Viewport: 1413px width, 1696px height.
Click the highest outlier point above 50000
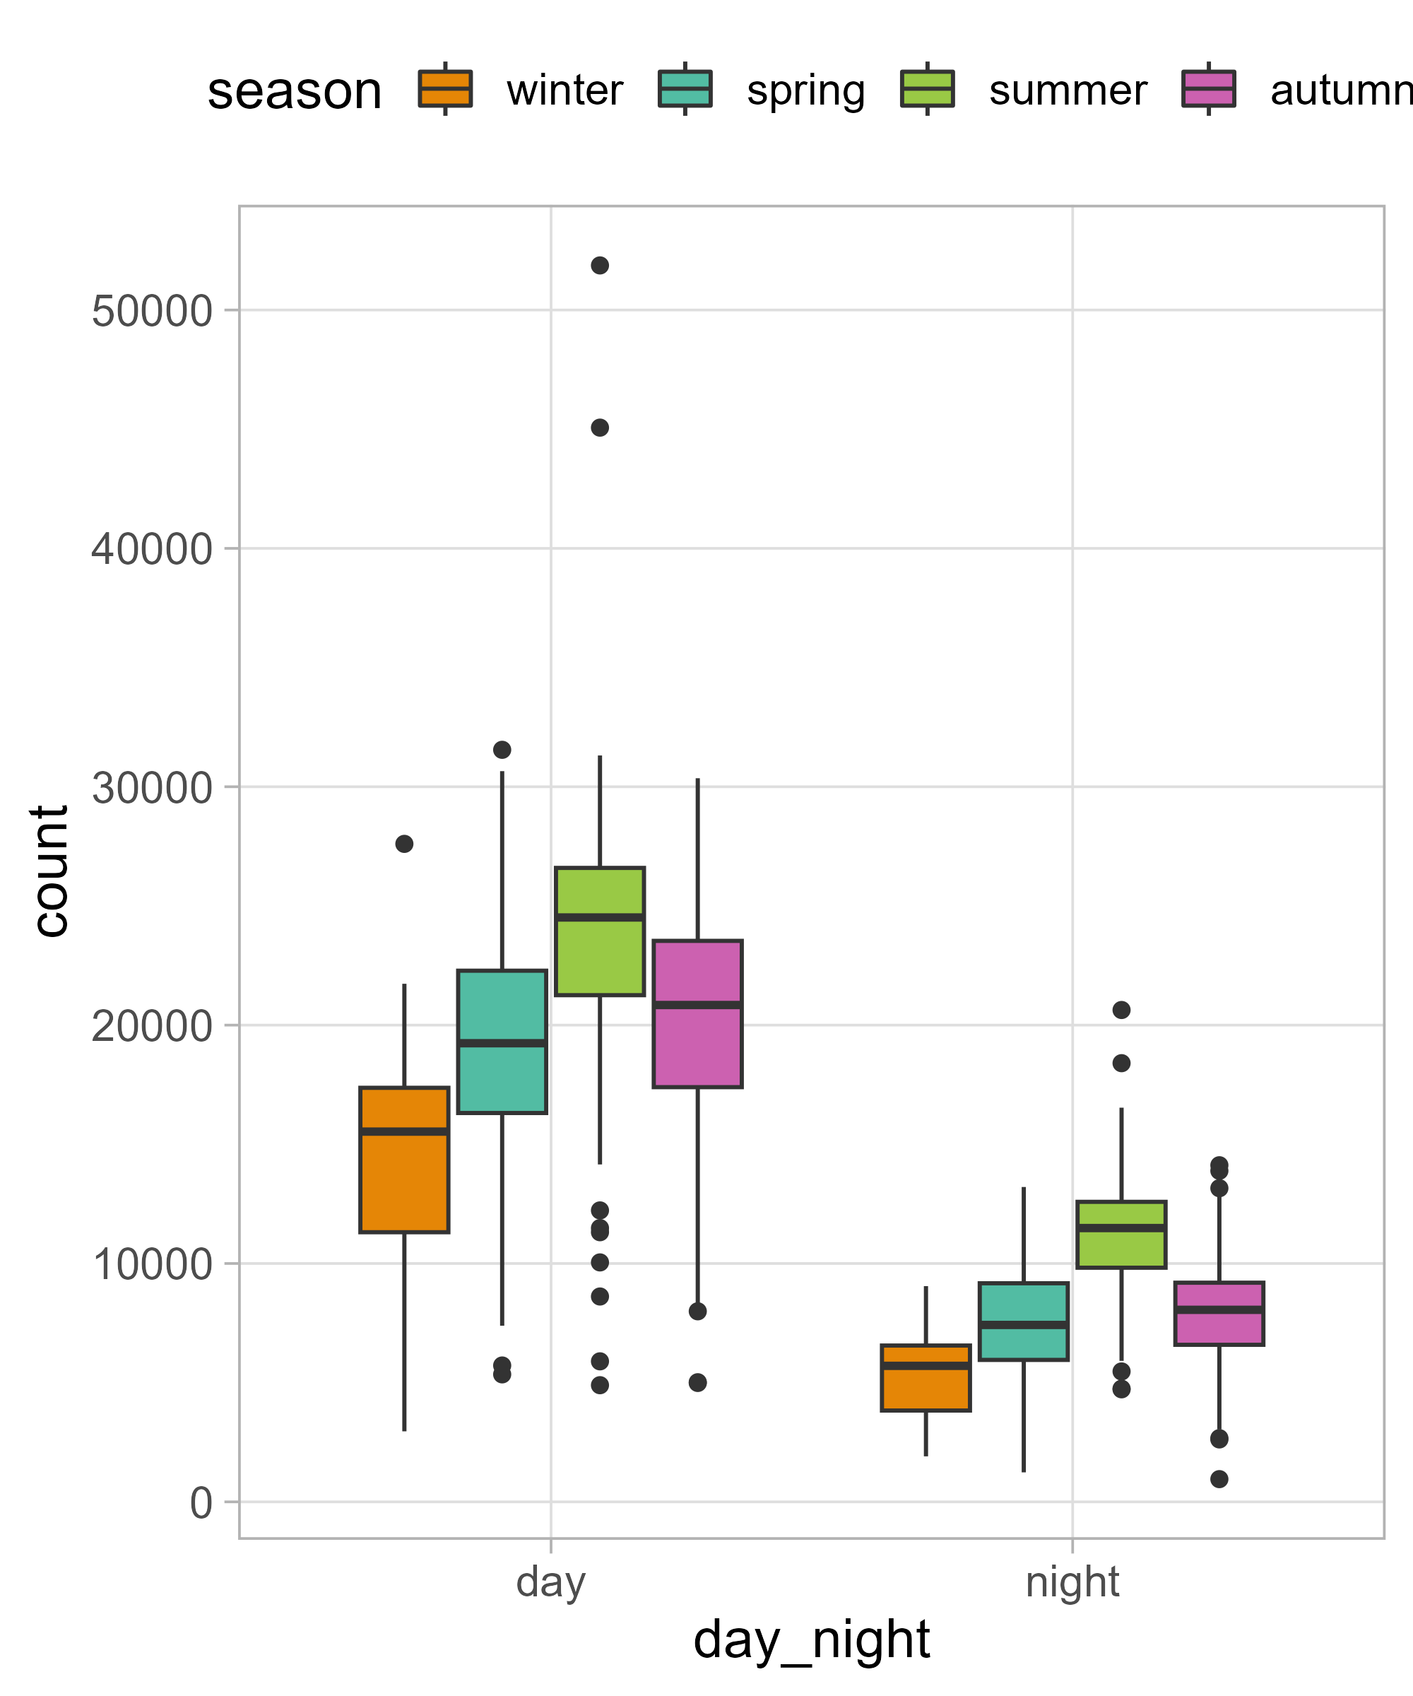(x=599, y=266)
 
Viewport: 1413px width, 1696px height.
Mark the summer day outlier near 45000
(x=599, y=428)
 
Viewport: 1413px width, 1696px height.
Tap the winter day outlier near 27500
(x=403, y=844)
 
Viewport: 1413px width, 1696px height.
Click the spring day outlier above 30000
(x=502, y=750)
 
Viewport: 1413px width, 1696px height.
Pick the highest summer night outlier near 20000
(x=1121, y=1010)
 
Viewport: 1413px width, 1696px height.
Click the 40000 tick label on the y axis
(x=152, y=549)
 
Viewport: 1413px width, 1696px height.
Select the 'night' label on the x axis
(x=1072, y=1582)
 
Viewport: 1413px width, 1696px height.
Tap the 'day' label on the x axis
(x=550, y=1582)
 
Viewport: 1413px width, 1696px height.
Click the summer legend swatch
(x=927, y=89)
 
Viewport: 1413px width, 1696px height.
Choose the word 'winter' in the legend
(x=564, y=90)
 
